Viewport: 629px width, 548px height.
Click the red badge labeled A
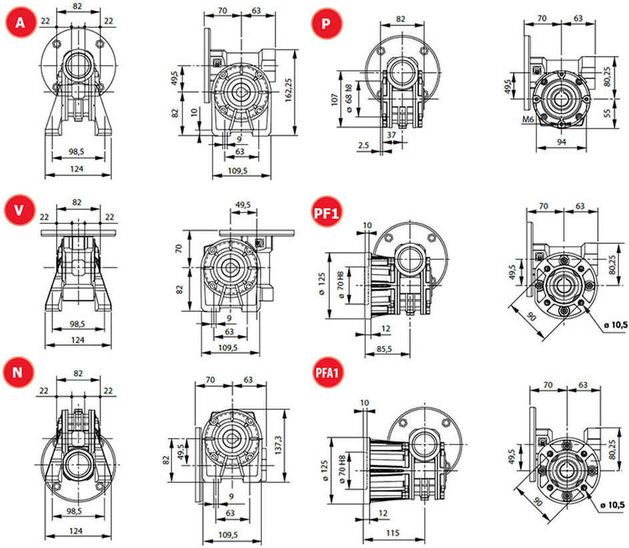click(21, 23)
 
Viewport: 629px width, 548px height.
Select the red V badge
click(19, 210)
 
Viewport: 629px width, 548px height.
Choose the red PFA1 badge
click(328, 373)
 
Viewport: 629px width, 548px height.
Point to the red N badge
click(18, 372)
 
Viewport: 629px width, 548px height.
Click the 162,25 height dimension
click(288, 91)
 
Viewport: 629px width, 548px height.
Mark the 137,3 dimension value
click(278, 445)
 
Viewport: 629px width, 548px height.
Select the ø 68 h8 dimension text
click(349, 99)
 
